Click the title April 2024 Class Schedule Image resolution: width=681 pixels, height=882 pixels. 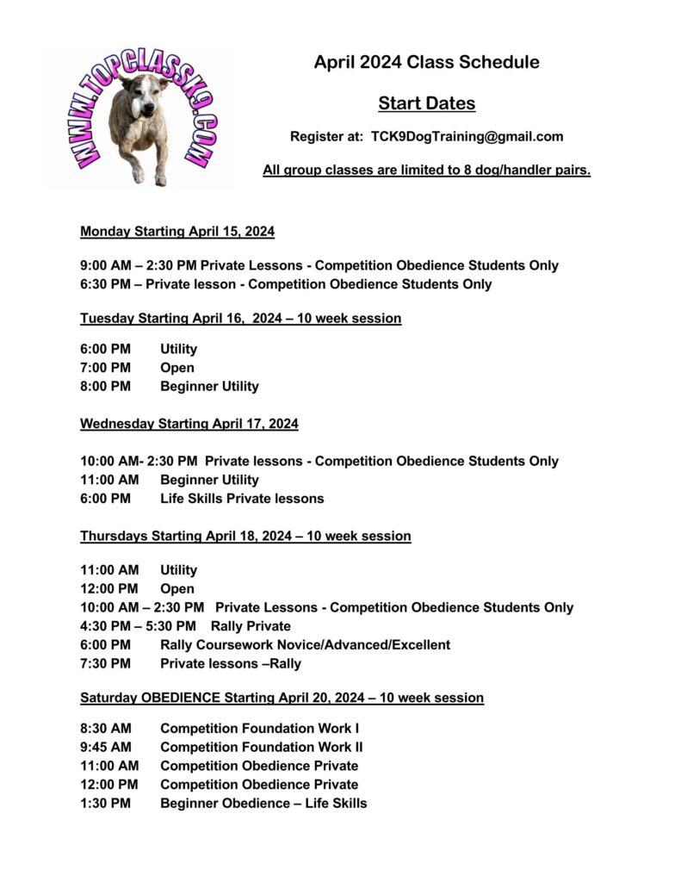pyautogui.click(x=426, y=62)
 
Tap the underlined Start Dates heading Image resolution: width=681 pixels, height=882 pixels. pyautogui.click(x=426, y=104)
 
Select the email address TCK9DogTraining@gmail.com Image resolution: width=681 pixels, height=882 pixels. pyautogui.click(x=467, y=136)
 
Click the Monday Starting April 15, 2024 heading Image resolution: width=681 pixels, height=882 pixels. pyautogui.click(x=177, y=231)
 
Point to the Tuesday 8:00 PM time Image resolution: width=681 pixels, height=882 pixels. pyautogui.click(x=105, y=387)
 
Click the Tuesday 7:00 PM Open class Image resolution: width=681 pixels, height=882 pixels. pyautogui.click(x=177, y=368)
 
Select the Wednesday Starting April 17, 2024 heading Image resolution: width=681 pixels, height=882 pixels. pyautogui.click(x=189, y=424)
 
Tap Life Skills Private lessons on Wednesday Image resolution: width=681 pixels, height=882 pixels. pyautogui.click(x=242, y=499)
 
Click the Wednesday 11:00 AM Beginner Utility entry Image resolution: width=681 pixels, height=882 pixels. pyautogui.click(x=209, y=480)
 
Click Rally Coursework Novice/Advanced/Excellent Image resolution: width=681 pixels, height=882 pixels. pyautogui.click(x=305, y=644)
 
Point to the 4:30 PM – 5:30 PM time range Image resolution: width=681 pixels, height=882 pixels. pyautogui.click(x=138, y=626)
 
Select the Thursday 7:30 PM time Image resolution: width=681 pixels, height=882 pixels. pyautogui.click(x=105, y=663)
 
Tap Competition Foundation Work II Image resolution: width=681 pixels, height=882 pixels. pyautogui.click(x=261, y=747)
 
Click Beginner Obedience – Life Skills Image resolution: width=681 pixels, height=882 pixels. pyautogui.click(x=263, y=803)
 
